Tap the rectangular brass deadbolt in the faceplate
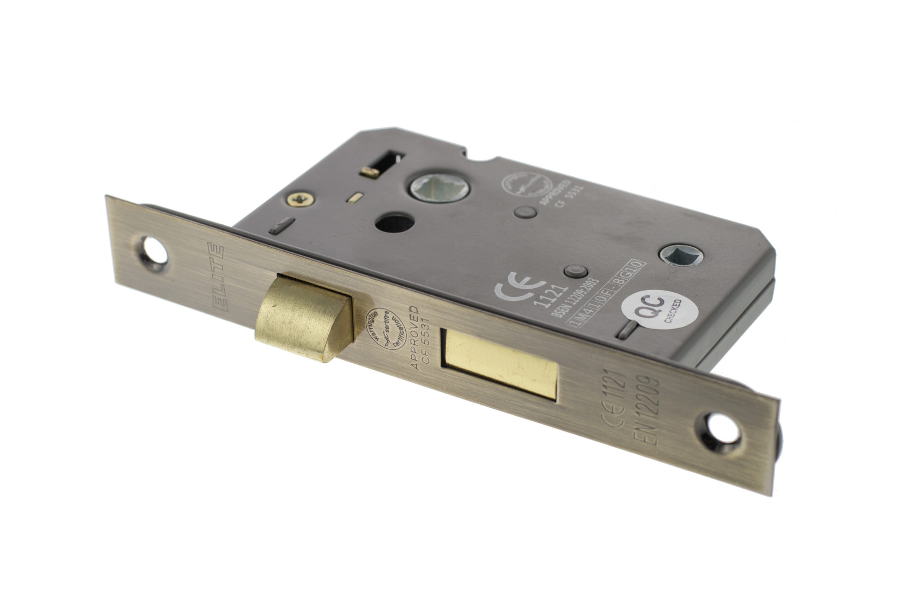coord(500,364)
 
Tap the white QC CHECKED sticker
coord(660,310)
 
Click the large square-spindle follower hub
coord(439,188)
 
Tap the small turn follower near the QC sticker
coord(681,255)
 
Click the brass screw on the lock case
coord(300,199)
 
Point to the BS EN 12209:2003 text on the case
coord(575,299)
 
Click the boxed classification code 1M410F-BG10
coord(606,293)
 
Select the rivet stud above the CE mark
coord(575,271)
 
